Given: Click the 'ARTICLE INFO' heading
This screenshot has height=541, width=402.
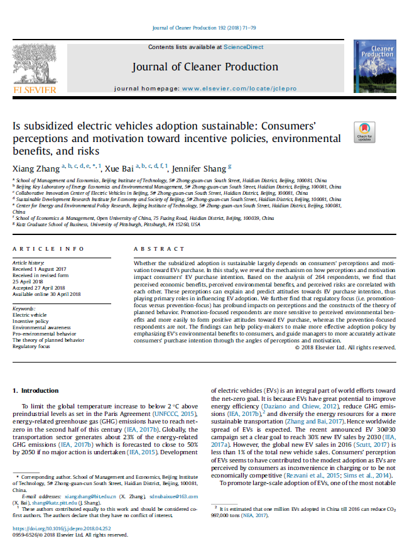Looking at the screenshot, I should tap(41, 249).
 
